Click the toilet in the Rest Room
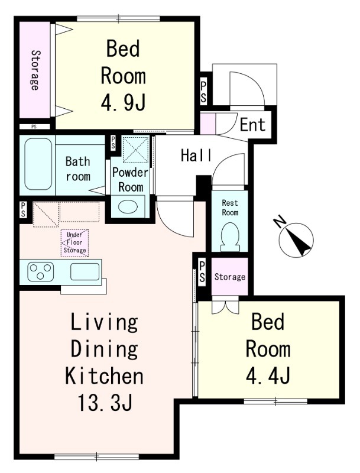pos(230,238)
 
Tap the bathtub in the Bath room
pos(38,164)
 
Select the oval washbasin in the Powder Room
pos(128,206)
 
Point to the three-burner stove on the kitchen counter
pos(41,271)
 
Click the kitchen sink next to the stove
pos(85,271)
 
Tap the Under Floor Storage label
pos(74,242)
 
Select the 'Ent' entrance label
pos(252,125)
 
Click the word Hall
pos(196,155)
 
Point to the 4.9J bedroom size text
pos(123,102)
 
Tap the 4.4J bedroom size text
pos(268,375)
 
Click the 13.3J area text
pos(105,403)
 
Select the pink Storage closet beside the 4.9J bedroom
pos(35,70)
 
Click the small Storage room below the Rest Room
pos(229,276)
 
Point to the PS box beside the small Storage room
pos(202,272)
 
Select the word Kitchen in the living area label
pos(104,376)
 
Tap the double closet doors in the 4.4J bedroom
pos(225,305)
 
